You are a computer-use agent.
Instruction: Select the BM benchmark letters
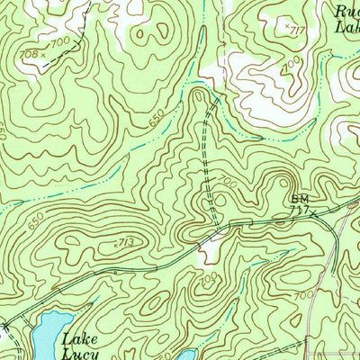pos(299,199)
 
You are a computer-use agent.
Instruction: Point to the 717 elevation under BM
pos(298,211)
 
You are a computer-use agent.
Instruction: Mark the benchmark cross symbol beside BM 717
pos(314,211)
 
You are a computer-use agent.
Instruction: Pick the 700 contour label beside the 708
pos(60,42)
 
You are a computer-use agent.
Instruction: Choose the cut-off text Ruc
pos(346,11)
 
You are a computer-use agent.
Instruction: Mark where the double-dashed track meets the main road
pos(212,225)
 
